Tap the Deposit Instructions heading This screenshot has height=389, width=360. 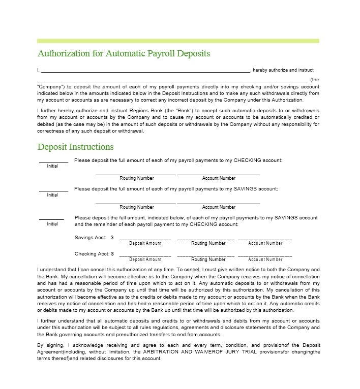click(x=75, y=147)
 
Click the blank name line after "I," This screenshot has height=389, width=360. click(x=145, y=71)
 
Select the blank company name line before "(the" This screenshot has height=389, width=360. click(x=172, y=80)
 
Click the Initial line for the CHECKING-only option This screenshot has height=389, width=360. click(x=53, y=161)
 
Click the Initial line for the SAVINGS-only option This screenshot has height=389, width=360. click(x=53, y=190)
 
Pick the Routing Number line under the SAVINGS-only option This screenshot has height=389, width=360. click(x=136, y=203)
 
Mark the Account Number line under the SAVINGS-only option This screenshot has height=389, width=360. click(x=219, y=203)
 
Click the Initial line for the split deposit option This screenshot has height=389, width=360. click(x=52, y=219)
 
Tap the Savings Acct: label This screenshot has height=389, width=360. click(x=91, y=238)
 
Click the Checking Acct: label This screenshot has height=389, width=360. click(x=92, y=254)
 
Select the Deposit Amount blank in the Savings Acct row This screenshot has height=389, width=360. click(x=145, y=238)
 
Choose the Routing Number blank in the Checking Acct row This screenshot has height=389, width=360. click(x=205, y=254)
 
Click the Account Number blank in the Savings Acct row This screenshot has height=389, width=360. click(x=265, y=238)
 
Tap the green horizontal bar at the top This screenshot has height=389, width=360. click(x=178, y=41)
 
